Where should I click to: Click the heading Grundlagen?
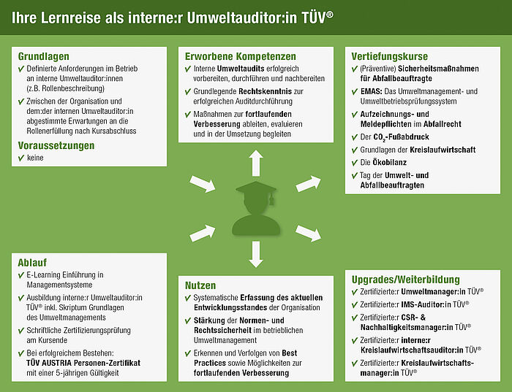point(43,56)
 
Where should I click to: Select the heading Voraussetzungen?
point(56,145)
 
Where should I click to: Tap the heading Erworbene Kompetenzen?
point(241,56)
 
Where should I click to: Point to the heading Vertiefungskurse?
point(390,56)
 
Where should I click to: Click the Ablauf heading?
point(32,263)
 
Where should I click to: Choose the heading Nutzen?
point(200,285)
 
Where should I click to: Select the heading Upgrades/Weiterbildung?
point(405,280)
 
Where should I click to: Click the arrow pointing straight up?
point(256,163)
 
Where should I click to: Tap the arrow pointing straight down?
point(256,254)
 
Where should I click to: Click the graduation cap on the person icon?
point(256,190)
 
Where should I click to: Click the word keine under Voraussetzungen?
point(35,158)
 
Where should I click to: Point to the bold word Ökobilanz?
point(385,162)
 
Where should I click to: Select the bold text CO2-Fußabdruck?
point(401,137)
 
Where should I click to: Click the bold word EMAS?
point(371,91)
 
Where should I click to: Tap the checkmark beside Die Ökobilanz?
point(355,163)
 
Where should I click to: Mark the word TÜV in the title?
point(314,18)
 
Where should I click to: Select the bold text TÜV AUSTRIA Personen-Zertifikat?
point(83,363)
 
